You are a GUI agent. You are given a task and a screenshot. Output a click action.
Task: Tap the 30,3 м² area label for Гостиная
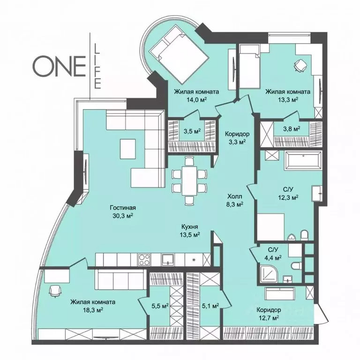(x=123, y=216)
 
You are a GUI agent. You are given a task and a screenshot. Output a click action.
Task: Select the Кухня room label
(x=190, y=227)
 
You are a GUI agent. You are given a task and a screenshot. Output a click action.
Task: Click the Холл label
(x=235, y=196)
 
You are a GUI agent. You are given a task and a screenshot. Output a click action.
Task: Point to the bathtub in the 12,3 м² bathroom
(x=303, y=160)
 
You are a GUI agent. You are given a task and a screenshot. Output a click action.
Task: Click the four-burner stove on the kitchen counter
(x=144, y=259)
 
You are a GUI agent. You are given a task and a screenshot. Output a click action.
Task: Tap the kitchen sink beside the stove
(x=169, y=259)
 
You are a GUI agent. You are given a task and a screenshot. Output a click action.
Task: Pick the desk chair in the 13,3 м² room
(x=300, y=65)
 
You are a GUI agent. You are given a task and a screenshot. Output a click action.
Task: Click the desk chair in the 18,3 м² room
(x=55, y=291)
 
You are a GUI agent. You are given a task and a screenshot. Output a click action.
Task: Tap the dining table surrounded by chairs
(x=189, y=180)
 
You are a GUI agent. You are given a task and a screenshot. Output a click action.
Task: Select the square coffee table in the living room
(x=127, y=149)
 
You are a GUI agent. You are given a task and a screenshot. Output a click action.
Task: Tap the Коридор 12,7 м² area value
(x=269, y=318)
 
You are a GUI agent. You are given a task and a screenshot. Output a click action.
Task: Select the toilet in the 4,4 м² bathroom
(x=296, y=266)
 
